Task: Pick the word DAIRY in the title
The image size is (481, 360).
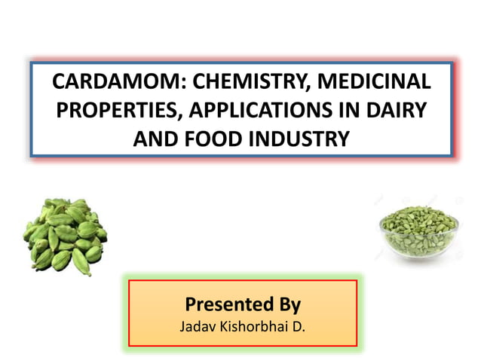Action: pos(399,110)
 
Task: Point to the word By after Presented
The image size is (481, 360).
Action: pos(287,305)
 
